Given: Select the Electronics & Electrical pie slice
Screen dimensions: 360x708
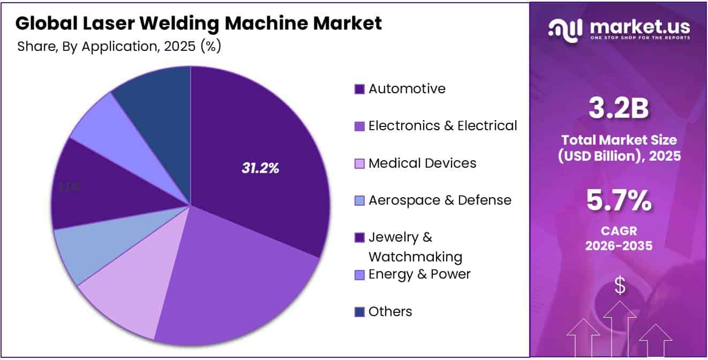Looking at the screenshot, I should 236,284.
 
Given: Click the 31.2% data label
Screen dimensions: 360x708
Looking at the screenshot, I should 260,168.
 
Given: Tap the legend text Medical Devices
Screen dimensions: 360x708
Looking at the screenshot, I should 422,163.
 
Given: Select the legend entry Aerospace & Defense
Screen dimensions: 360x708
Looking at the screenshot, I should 440,200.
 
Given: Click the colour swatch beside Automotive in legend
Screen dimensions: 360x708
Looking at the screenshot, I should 360,89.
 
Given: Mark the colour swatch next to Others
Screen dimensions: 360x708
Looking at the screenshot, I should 360,312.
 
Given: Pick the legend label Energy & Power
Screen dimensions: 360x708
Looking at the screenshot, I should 419,274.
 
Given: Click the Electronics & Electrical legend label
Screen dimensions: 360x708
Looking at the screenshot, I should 442,126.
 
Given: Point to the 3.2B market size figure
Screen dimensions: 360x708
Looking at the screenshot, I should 619,109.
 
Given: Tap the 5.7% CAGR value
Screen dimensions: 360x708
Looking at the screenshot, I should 619,201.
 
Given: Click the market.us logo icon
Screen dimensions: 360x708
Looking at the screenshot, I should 564,31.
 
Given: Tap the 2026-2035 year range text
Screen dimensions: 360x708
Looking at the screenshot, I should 619,246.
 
